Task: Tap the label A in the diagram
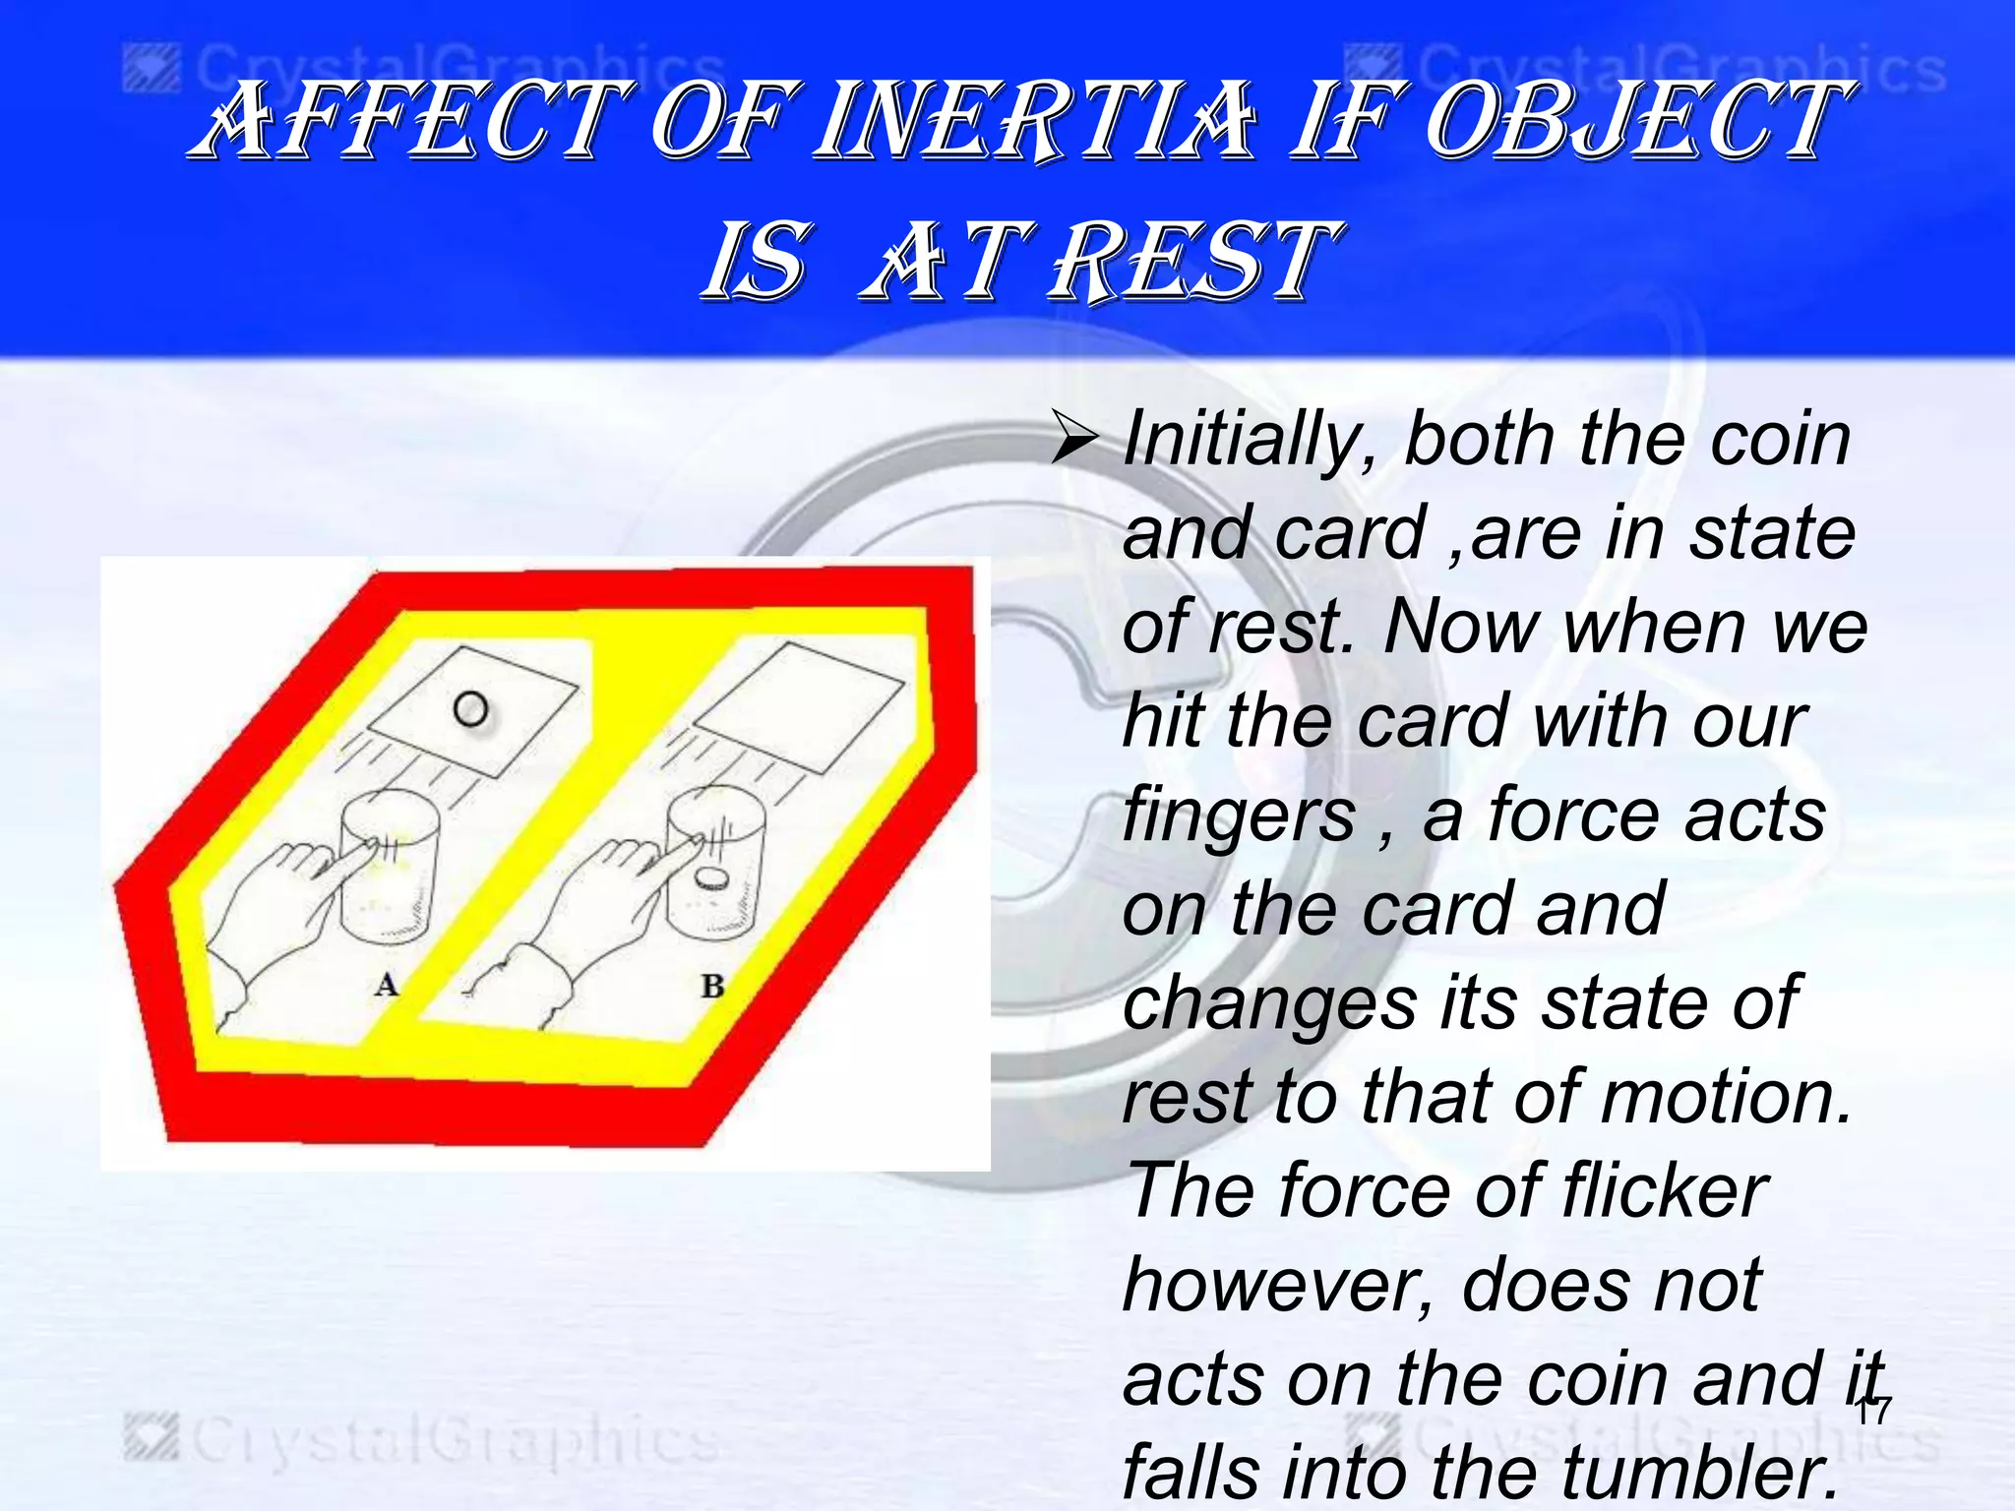pyautogui.click(x=387, y=984)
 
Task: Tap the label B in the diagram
pyautogui.click(x=712, y=985)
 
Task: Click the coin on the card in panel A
pyautogui.click(x=470, y=708)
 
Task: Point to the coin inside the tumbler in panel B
pyautogui.click(x=710, y=878)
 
